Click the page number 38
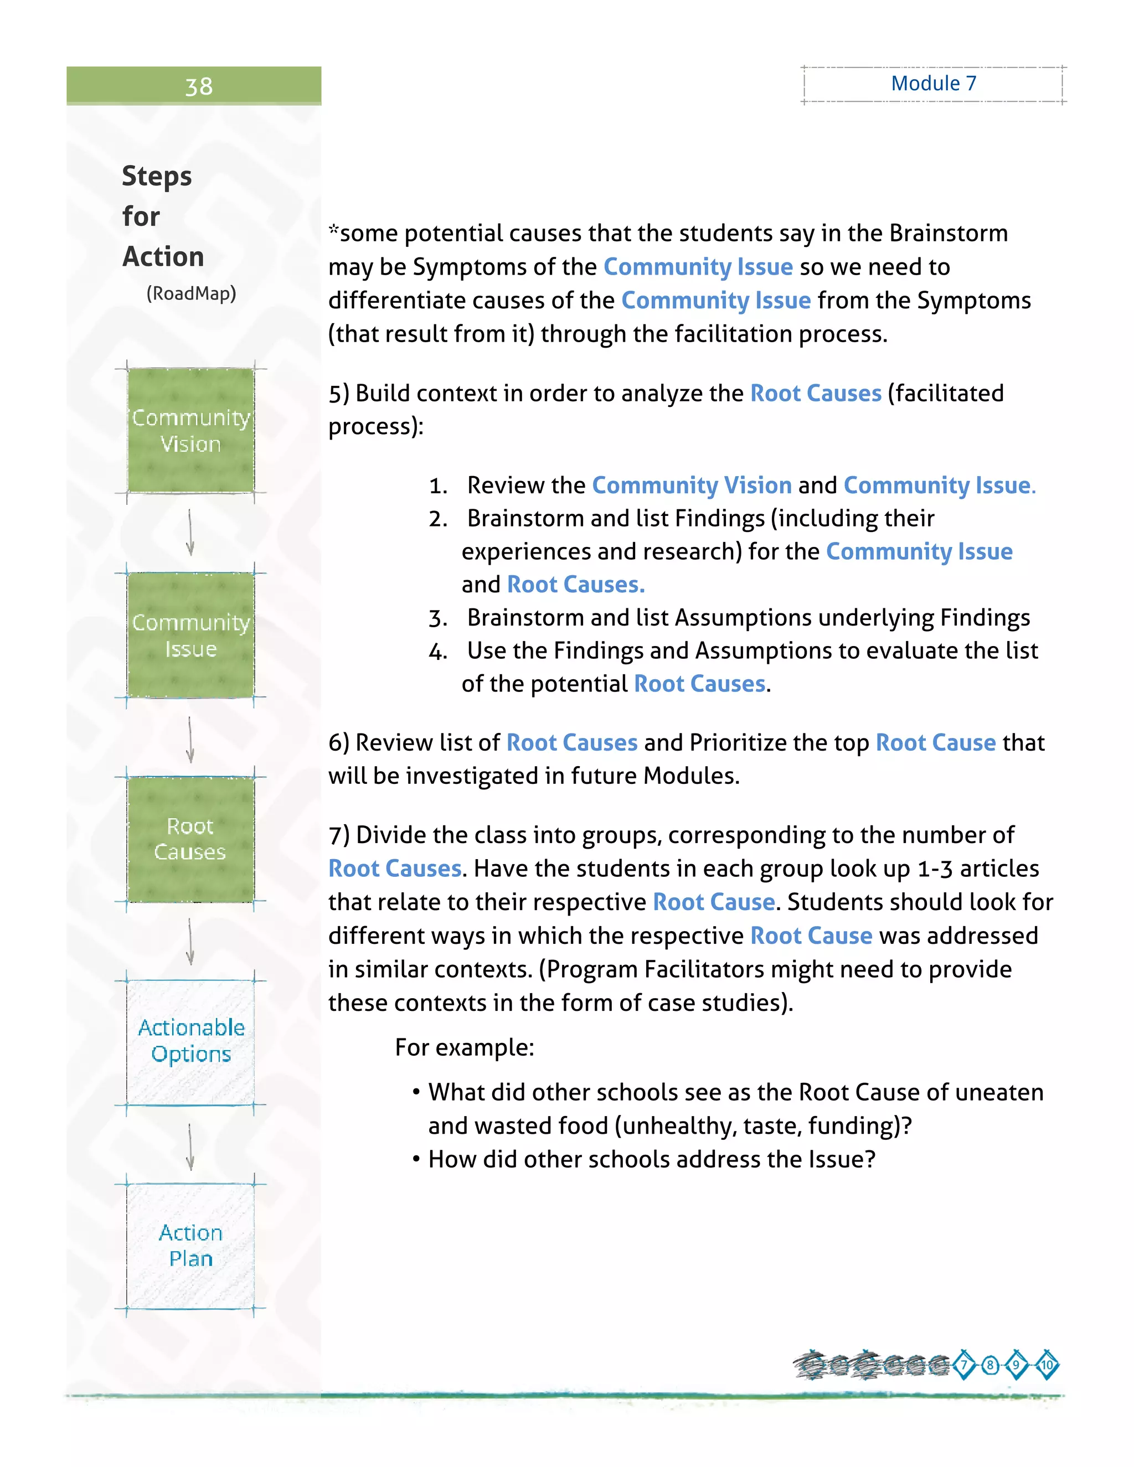[198, 87]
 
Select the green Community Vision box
[191, 431]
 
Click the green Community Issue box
[191, 636]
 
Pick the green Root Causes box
[191, 839]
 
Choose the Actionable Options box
[191, 1042]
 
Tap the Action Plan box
[191, 1246]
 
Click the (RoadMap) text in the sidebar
[192, 293]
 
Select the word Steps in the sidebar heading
[157, 177]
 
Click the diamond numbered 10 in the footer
[1047, 1366]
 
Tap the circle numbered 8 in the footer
[990, 1366]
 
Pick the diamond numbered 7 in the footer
[964, 1366]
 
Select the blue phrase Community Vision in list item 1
[692, 485]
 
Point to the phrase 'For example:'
[464, 1048]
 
